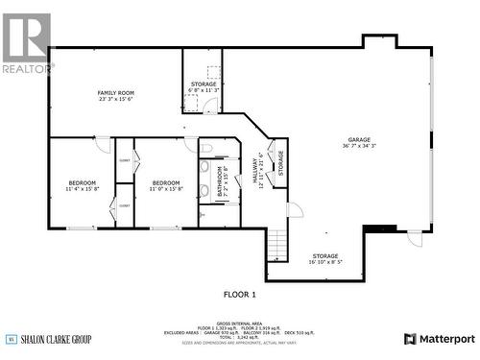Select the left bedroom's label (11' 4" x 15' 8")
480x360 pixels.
pos(82,185)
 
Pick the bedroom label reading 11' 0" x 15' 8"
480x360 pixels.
pos(165,185)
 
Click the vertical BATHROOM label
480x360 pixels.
pos(221,181)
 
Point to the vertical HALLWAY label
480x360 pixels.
pos(258,170)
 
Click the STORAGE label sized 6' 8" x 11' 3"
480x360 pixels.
pos(203,87)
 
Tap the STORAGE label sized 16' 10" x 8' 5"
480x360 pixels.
pos(324,258)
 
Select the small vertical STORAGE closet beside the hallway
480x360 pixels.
pos(280,163)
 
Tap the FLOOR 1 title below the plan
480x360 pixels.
pos(240,294)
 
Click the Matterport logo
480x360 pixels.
pos(439,338)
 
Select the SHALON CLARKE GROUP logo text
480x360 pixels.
pos(56,338)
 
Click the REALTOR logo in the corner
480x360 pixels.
pos(26,43)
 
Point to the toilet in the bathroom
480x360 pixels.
pos(206,149)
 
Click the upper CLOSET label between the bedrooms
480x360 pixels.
pos(124,161)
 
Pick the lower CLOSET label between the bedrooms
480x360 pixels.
pos(124,205)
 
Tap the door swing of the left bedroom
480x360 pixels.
pos(102,145)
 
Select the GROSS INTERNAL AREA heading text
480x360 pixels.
pos(240,324)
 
